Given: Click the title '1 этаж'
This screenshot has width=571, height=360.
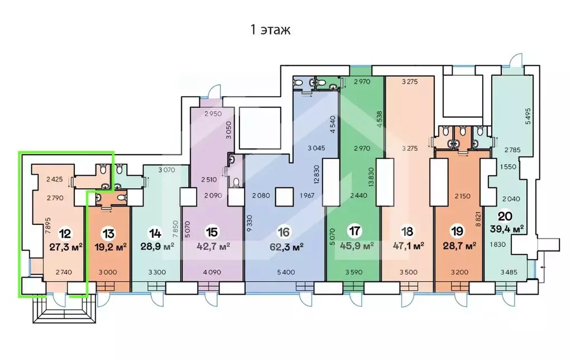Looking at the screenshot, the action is click(x=270, y=30).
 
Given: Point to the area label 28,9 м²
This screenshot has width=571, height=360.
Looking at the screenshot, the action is click(x=157, y=247).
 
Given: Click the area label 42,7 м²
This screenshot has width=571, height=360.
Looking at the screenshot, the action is click(x=213, y=247).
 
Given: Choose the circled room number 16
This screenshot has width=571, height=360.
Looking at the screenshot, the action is click(x=284, y=232).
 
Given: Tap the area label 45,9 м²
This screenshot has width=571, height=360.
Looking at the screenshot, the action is click(x=357, y=246).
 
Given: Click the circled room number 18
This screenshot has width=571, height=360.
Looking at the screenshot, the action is click(x=407, y=232).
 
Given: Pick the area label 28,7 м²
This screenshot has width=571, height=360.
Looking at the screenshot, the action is click(x=459, y=246).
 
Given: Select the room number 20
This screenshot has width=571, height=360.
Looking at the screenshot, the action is click(x=505, y=217).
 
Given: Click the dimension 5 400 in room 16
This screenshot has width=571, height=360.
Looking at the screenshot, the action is click(x=286, y=272).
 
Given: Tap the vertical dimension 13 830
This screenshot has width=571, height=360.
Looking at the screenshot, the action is click(x=371, y=177).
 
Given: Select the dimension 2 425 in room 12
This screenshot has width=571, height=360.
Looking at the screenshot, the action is click(x=55, y=179).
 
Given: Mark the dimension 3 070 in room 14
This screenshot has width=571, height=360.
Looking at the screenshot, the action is click(x=167, y=170).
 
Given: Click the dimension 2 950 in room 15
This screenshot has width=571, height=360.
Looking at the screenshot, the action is click(x=213, y=113).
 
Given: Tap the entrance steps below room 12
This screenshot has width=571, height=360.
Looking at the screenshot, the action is click(x=64, y=310).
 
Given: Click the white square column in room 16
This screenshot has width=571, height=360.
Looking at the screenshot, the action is click(x=284, y=197).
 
